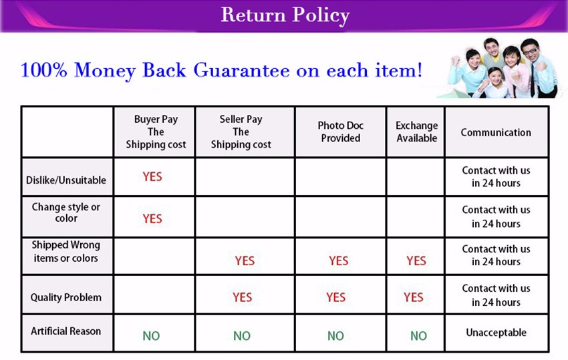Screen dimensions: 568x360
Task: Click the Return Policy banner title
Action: [285, 15]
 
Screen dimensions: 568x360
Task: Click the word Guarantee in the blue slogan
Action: [241, 70]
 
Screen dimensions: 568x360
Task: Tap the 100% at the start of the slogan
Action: [44, 70]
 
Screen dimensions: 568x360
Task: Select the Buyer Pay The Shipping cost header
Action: [156, 132]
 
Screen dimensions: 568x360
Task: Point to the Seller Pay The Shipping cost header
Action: [241, 132]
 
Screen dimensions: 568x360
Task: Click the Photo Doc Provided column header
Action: [341, 132]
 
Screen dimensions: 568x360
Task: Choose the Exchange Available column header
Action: [416, 132]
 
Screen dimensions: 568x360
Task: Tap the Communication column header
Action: [496, 132]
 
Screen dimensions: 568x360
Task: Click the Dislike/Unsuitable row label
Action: [66, 180]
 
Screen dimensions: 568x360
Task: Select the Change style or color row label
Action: [66, 212]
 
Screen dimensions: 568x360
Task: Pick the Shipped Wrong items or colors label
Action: [65, 252]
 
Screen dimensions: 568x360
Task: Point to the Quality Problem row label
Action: [66, 297]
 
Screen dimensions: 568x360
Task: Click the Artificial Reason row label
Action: [66, 331]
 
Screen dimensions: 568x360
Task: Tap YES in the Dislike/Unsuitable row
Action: [152, 177]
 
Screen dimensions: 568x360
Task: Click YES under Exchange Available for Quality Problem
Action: [414, 297]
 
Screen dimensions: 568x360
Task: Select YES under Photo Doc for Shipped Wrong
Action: [339, 260]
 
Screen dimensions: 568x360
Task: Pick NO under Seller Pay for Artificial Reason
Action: [242, 336]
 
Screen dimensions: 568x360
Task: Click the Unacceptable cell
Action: [496, 333]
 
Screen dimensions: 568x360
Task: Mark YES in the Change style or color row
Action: [152, 219]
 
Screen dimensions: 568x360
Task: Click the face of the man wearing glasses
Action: [530, 51]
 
